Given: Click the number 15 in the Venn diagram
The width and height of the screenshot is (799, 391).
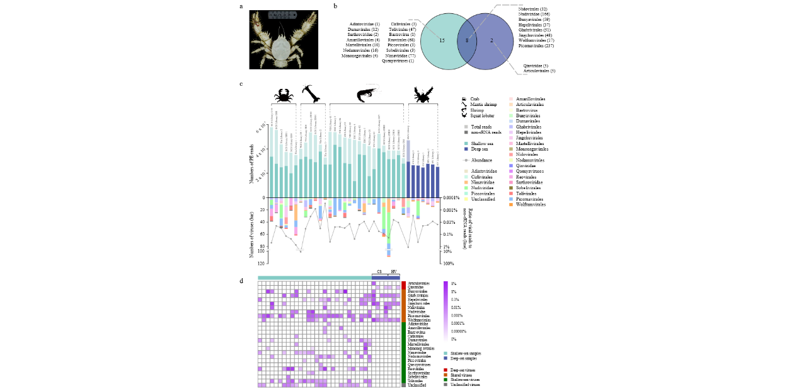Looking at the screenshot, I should click(442, 40).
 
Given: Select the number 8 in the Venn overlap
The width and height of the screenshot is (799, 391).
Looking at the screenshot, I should click(467, 40).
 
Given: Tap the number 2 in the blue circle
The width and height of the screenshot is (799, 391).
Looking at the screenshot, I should click(491, 40).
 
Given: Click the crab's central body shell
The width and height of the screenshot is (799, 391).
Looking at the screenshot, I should click(280, 48).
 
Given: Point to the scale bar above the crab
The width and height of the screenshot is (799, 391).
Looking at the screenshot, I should click(282, 15).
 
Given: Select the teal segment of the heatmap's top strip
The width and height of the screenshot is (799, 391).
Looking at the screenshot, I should click(314, 277).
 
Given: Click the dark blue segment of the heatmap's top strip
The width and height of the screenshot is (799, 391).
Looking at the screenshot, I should click(386, 277).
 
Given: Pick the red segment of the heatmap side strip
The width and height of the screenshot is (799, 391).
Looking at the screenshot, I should click(403, 285).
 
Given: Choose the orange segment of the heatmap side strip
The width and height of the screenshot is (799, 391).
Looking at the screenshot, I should click(403, 305).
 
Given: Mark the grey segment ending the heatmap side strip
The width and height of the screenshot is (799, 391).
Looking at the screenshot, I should click(403, 385).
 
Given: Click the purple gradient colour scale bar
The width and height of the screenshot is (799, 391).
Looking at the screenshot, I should click(445, 312).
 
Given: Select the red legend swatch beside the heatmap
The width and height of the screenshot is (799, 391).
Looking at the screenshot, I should click(445, 370).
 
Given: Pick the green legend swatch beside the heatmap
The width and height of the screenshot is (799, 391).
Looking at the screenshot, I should click(445, 380).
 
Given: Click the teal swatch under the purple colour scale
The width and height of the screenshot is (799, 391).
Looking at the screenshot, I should click(445, 353).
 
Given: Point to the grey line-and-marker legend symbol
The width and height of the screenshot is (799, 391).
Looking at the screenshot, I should click(466, 160).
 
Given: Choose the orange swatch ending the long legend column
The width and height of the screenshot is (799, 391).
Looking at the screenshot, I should click(510, 204).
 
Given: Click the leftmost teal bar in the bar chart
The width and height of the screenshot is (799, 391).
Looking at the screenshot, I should click(272, 162).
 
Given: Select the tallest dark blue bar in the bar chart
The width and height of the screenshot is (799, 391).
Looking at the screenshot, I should click(408, 169).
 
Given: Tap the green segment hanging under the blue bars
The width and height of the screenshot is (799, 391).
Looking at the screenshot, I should click(418, 209).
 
